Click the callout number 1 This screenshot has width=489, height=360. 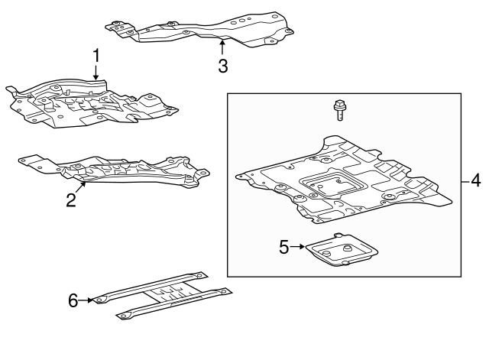(96, 56)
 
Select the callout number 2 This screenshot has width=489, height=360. (71, 200)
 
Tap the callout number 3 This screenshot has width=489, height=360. (223, 66)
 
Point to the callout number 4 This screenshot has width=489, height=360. (475, 180)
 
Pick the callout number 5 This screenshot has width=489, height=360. (283, 247)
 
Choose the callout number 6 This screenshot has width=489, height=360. (73, 300)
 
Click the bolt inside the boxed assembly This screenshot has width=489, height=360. (339, 110)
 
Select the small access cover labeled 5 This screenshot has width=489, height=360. (342, 251)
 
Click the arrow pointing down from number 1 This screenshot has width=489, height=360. (96, 73)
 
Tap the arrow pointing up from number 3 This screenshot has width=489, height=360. (222, 47)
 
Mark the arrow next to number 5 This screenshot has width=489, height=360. (297, 247)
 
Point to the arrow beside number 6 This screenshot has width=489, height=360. (86, 300)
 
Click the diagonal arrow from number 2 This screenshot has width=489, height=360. (80, 188)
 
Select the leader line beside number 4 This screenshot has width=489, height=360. (465, 180)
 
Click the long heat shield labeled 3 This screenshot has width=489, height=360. (200, 30)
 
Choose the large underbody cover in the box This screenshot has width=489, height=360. (343, 180)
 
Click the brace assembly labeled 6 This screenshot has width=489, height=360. (163, 295)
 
